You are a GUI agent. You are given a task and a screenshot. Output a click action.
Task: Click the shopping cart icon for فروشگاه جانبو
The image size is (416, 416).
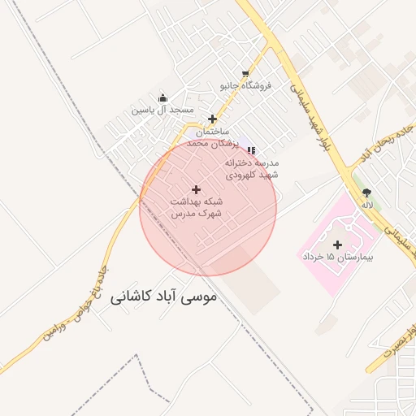[x=245, y=73]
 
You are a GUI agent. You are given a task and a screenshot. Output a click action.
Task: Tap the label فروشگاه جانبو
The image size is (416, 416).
[x=245, y=84]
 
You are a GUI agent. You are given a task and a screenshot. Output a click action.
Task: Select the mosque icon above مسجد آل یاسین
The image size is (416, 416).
[x=163, y=97]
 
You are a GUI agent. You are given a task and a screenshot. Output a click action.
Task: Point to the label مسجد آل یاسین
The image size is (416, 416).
[x=163, y=109]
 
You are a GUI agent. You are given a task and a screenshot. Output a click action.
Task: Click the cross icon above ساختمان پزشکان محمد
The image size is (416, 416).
[x=213, y=119]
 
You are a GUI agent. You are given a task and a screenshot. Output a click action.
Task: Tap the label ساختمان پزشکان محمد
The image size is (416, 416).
[x=209, y=136]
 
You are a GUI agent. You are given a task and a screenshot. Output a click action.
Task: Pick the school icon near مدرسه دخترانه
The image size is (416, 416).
[x=251, y=150]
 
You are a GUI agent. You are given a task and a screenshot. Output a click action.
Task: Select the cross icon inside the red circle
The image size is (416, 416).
[x=196, y=189]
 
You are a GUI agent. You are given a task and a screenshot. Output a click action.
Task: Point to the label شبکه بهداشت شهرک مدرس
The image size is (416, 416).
[x=197, y=206]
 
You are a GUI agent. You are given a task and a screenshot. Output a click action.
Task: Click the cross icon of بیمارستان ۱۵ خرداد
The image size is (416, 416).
[x=337, y=244]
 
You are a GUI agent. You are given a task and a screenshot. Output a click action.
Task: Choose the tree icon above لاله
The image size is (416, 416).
[x=367, y=193]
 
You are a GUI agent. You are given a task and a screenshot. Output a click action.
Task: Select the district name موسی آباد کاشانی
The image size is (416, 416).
[x=162, y=297]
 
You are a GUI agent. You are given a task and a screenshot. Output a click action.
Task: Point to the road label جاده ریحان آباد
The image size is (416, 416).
[x=388, y=139]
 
